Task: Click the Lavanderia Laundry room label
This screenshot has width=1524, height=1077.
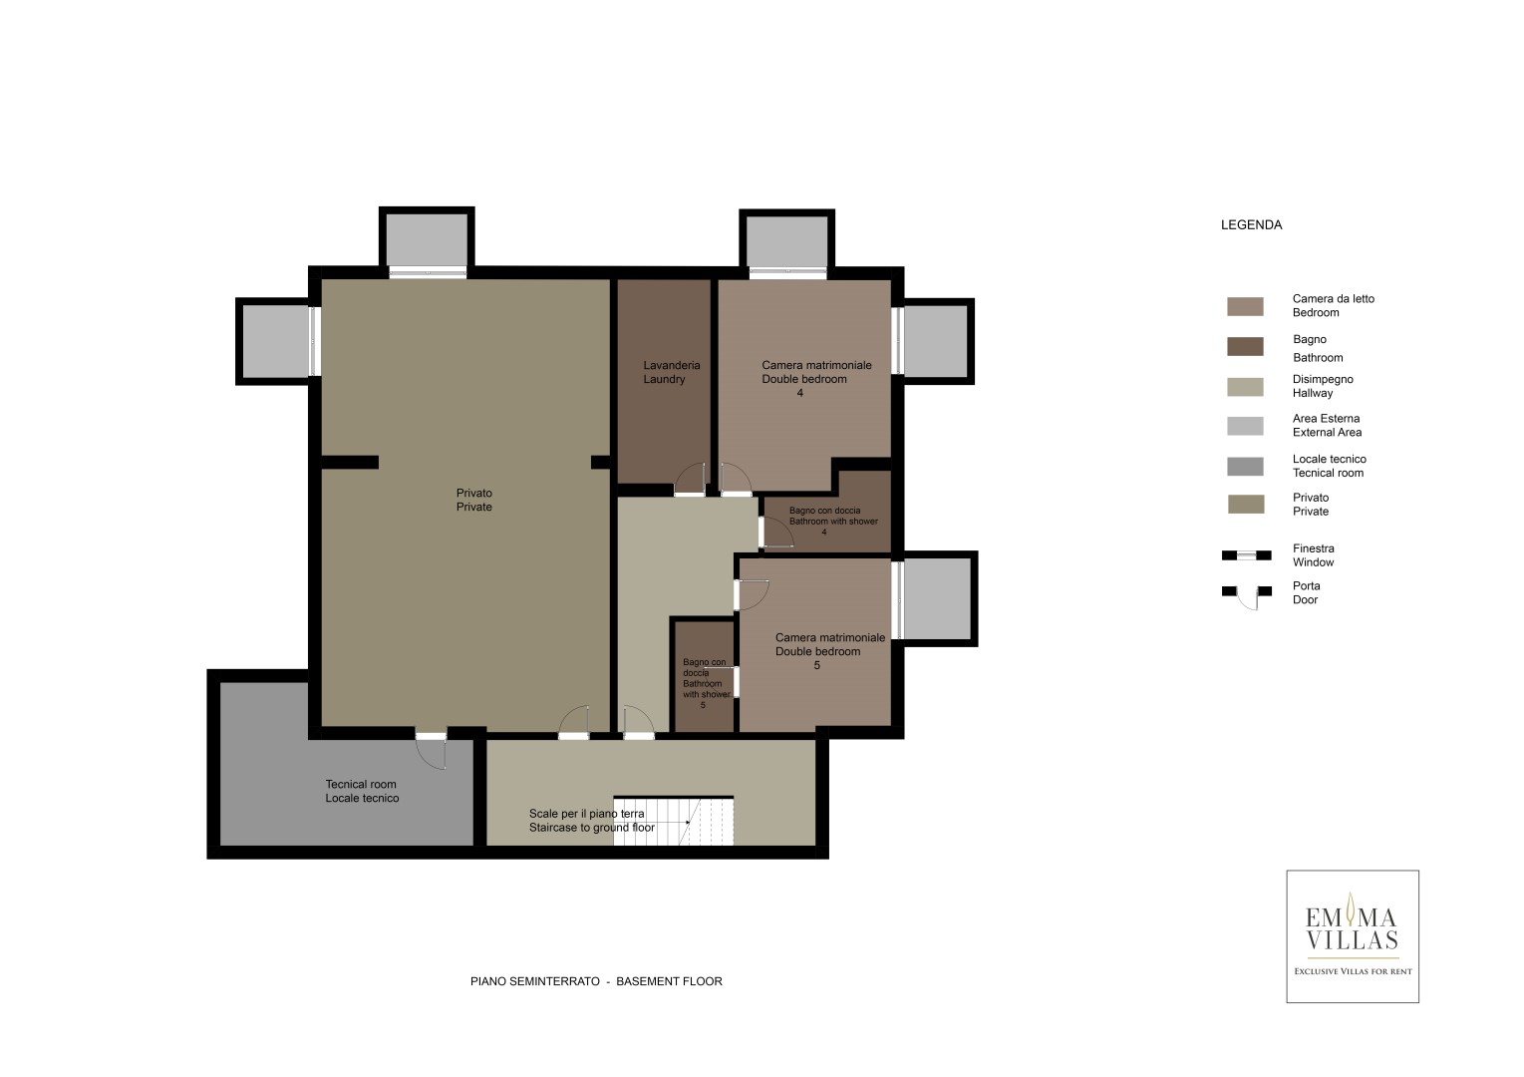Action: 672,372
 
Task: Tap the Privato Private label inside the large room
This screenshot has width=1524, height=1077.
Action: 474,500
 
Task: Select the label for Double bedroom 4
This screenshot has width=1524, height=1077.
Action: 816,379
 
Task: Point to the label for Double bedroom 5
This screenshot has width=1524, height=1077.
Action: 830,651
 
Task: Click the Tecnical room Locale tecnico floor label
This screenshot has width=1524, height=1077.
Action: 362,791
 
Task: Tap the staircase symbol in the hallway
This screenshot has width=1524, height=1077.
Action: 674,821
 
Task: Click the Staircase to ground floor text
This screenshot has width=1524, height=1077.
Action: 592,828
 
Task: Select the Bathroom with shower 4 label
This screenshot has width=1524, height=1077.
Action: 833,521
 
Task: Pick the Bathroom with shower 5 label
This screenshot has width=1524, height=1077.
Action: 707,683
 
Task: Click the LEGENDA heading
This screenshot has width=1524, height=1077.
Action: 1251,224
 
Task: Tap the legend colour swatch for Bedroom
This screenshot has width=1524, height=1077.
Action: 1245,306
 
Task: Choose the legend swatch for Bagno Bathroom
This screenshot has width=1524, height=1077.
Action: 1245,346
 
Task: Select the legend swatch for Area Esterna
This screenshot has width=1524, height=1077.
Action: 1245,426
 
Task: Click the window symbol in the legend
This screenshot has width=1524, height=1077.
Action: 1247,555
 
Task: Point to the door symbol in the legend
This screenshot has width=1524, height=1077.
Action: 1247,596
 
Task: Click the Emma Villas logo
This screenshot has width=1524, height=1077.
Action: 1353,936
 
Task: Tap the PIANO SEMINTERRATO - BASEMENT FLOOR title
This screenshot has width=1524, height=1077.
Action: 596,981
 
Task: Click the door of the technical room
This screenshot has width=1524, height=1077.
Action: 432,750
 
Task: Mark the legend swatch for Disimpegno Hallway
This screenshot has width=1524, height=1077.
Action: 1245,387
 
